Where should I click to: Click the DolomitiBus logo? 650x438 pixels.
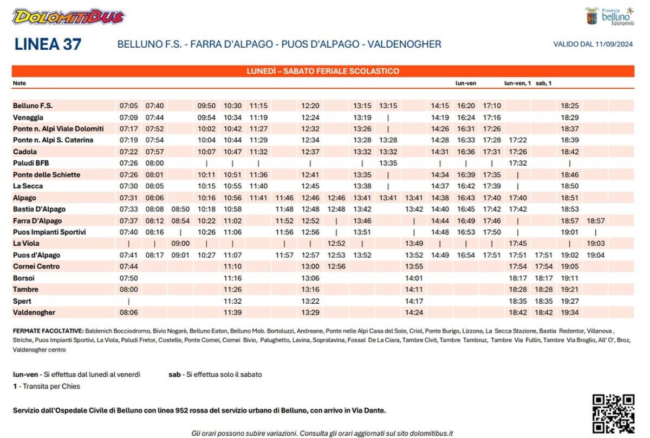[68, 17]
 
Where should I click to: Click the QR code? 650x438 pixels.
[613, 414]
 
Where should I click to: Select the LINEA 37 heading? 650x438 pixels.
[48, 44]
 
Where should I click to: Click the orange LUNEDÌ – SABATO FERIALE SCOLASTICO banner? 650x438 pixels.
[323, 71]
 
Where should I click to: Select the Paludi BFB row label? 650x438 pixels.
[31, 163]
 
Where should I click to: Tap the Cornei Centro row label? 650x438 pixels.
[36, 266]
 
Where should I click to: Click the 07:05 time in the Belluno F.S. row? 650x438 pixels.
[129, 106]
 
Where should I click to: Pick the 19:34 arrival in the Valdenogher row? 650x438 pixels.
[570, 312]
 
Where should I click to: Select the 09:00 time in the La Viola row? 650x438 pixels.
[180, 244]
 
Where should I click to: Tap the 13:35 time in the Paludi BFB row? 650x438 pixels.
[388, 163]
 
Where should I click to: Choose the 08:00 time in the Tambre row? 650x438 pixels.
[129, 290]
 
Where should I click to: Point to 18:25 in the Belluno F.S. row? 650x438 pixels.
[570, 106]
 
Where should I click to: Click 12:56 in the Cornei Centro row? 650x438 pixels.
[336, 266]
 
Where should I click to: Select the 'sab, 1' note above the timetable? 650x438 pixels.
[543, 83]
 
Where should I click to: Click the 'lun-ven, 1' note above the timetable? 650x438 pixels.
[517, 83]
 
